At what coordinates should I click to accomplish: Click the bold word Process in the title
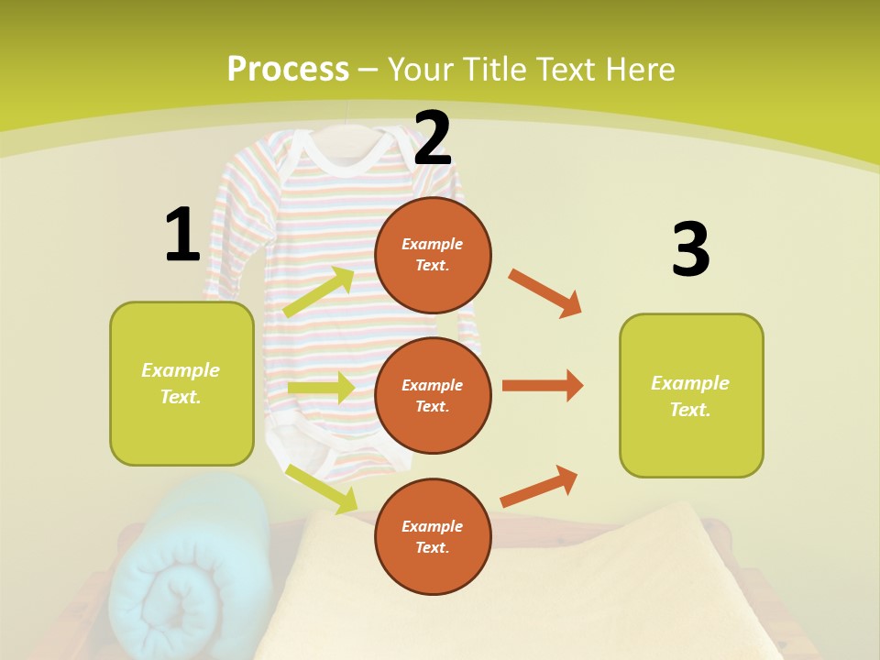(x=288, y=70)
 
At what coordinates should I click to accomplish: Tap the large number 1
(x=182, y=235)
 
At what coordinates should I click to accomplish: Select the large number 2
(x=433, y=138)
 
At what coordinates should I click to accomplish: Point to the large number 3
(x=690, y=249)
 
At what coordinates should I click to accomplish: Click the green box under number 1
(x=181, y=383)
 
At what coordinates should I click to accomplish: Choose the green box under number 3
(x=691, y=396)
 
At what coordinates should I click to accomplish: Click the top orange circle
(x=433, y=255)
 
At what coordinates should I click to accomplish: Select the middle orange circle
(x=433, y=395)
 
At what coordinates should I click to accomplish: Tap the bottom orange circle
(x=433, y=536)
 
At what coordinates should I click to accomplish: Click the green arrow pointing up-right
(x=319, y=292)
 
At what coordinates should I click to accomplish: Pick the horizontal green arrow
(x=320, y=388)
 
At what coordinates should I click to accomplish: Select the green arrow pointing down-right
(x=321, y=489)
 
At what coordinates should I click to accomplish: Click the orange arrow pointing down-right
(x=545, y=293)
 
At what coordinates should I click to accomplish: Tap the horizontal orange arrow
(x=543, y=386)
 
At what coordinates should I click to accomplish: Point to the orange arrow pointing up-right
(x=539, y=486)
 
